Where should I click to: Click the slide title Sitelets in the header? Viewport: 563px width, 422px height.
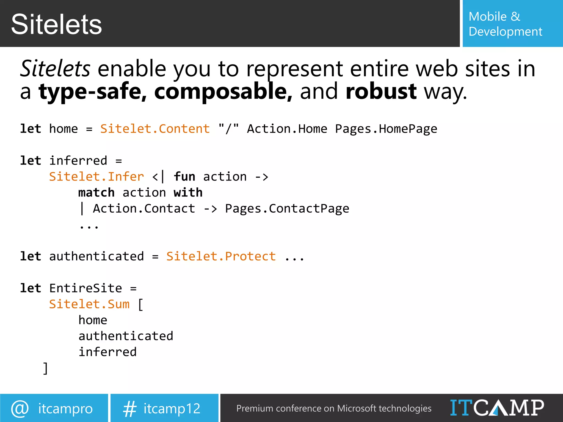(x=56, y=24)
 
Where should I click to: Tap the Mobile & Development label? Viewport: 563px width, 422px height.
(x=505, y=24)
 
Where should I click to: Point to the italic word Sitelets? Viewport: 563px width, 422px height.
(x=55, y=68)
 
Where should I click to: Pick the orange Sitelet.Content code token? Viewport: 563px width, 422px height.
(x=155, y=129)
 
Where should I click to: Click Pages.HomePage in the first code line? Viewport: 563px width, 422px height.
(x=386, y=129)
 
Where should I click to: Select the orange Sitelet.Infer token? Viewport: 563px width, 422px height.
(x=96, y=177)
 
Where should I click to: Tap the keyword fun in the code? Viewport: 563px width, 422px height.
(x=184, y=177)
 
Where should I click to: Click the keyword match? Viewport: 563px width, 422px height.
(x=96, y=193)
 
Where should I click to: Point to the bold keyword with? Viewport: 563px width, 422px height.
(x=188, y=193)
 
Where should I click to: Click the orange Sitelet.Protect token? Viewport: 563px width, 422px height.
(x=221, y=256)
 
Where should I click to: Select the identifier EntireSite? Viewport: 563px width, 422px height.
(x=85, y=288)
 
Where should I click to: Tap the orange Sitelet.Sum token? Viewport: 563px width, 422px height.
(x=89, y=304)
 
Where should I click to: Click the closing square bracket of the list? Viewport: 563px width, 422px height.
(x=45, y=368)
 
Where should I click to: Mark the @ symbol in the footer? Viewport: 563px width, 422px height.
(x=20, y=408)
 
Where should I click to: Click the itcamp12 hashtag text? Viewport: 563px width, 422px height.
(x=172, y=409)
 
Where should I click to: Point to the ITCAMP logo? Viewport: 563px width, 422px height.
(x=497, y=408)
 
